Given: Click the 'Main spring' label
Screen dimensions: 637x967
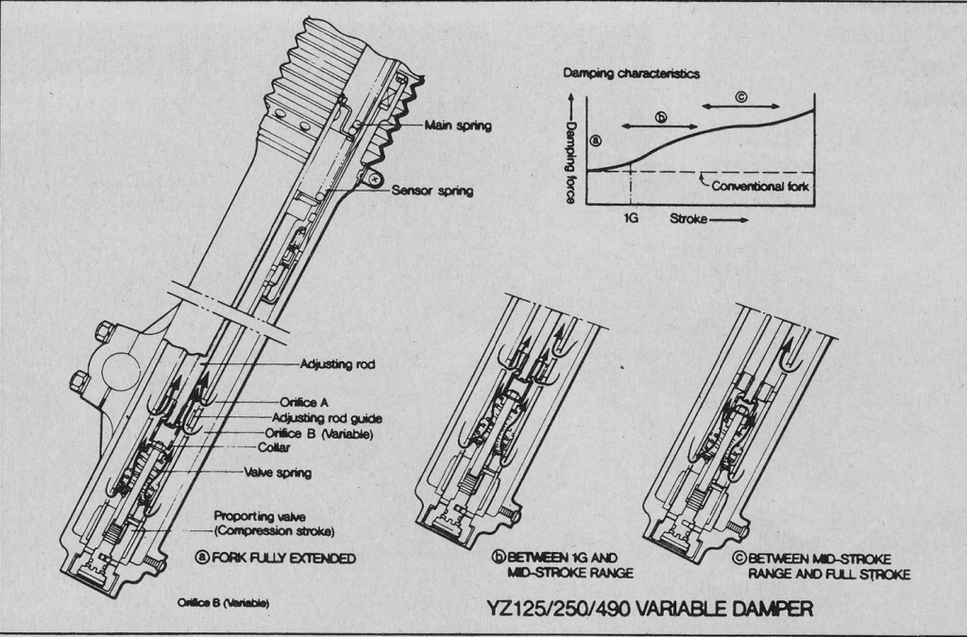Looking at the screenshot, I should click(x=457, y=126).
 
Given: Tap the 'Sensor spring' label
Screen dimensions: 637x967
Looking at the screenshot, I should click(x=433, y=191).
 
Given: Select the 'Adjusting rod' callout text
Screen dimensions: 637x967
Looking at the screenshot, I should click(x=337, y=363).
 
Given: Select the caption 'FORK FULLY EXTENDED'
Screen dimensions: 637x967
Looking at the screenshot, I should click(x=281, y=558).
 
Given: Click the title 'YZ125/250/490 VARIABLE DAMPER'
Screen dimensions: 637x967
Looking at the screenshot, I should click(x=651, y=609).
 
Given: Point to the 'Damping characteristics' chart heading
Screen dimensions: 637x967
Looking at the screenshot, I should click(x=632, y=73).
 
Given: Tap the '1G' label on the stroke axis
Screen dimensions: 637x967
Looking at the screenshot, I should click(x=632, y=218).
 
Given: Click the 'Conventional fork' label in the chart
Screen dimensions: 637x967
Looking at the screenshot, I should click(x=760, y=186).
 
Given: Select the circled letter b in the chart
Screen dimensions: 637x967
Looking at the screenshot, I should click(x=661, y=118).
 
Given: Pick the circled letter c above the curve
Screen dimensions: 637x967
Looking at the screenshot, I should click(x=740, y=95).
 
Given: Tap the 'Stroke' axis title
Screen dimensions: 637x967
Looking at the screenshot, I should click(x=689, y=218).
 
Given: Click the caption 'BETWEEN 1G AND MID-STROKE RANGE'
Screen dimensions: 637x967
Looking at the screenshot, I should click(x=553, y=564).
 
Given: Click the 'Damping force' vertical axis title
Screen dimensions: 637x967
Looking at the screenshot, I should click(x=570, y=151).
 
